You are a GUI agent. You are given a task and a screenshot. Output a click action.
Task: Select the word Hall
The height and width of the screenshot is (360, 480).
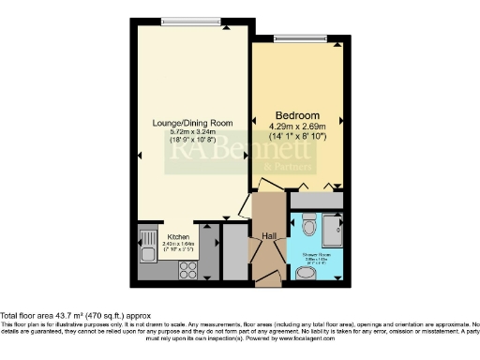[x=268, y=236]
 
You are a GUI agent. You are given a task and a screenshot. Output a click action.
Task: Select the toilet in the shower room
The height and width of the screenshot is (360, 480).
[x=307, y=226]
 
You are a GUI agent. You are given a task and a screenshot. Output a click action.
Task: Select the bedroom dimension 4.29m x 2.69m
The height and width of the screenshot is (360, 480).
[x=297, y=126]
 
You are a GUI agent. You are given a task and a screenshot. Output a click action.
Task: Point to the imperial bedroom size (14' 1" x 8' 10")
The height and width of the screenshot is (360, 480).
[x=297, y=137]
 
